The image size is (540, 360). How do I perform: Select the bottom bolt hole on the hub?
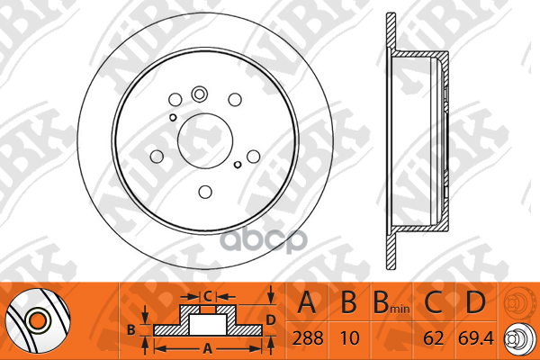(204, 190)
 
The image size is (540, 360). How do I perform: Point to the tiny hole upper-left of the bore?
(173, 116)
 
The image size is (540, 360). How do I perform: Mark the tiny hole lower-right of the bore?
(237, 164)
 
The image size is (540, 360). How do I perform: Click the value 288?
(309, 341)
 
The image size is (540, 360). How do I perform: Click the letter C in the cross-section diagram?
(206, 295)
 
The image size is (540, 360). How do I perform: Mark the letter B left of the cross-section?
(130, 329)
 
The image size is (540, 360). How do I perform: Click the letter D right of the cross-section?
(270, 319)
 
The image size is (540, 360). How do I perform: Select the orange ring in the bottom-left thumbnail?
(38, 319)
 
